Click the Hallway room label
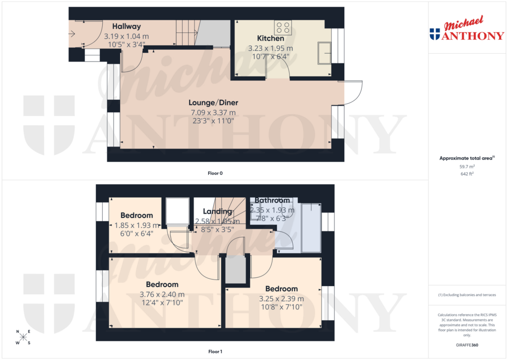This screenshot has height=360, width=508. [126, 26]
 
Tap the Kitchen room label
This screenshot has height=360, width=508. [270, 38]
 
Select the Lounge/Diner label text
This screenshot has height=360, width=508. [213, 103]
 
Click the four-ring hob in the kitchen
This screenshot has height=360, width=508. [284, 27]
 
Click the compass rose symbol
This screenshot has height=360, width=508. [23, 337]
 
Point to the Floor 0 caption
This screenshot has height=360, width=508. [215, 173]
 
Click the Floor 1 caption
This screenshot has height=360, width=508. [215, 352]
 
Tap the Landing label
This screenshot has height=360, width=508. [217, 212]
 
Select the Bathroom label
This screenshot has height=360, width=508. [272, 201]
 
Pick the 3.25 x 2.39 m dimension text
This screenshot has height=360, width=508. [281, 298]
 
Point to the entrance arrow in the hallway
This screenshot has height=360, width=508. [72, 34]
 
